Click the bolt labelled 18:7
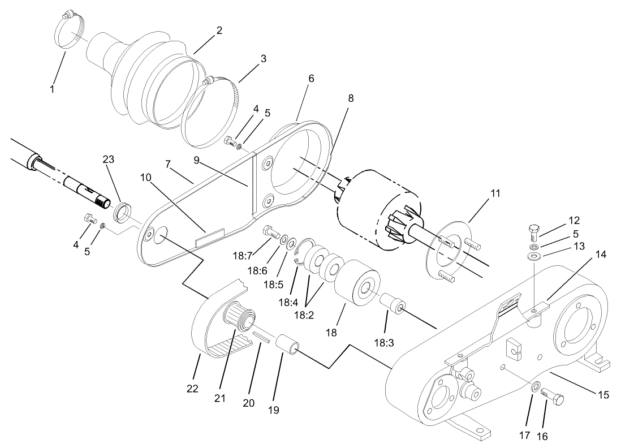[271, 232]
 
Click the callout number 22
[193, 389]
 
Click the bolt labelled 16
[554, 397]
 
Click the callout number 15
[603, 395]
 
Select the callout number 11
[495, 193]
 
